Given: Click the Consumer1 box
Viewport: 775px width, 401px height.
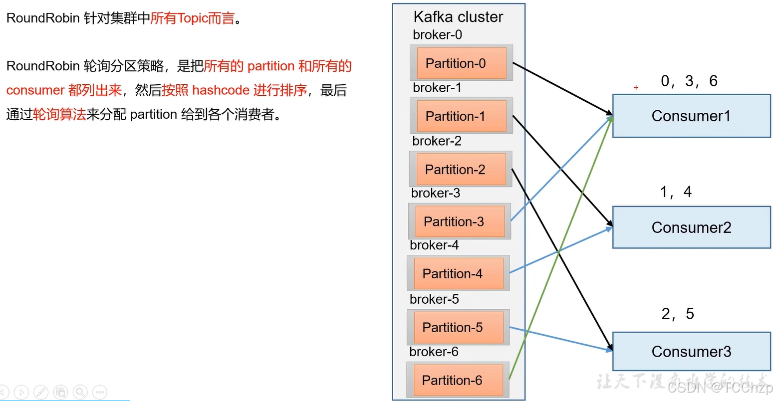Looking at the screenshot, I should pos(691,116).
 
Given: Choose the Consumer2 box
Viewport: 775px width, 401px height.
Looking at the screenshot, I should pos(691,227).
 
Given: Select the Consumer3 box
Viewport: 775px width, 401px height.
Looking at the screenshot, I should pos(691,352).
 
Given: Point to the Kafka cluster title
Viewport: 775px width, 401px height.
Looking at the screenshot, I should pos(458,17).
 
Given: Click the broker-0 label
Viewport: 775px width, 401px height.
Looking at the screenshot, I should pos(437,35).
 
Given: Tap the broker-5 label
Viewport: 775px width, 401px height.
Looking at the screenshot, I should pos(434,299).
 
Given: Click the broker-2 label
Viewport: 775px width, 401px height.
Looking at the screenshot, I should pos(437,141).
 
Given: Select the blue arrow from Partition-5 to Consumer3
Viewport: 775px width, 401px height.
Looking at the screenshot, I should pos(561,339).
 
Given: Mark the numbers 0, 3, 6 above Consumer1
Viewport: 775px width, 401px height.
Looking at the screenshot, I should pos(689,81).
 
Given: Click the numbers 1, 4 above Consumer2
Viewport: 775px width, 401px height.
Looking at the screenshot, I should pos(676,192).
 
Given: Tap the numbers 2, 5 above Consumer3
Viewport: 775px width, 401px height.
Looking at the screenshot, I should pos(677,314).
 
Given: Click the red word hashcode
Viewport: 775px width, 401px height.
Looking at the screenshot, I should pos(221,90).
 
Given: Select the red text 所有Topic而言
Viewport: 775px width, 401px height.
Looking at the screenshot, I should pos(192,18).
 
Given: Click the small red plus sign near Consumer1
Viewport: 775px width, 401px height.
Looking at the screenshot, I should pos(636,88).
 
